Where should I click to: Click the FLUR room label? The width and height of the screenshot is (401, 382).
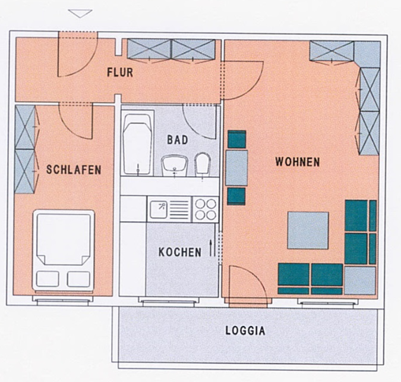119,73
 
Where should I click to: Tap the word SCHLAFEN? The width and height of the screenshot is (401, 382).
74,170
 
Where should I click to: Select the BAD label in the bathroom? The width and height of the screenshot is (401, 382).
177,140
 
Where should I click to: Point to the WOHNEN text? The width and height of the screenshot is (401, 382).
297,162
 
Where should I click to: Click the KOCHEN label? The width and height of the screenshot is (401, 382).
179,252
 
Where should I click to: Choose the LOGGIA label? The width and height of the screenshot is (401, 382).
245,331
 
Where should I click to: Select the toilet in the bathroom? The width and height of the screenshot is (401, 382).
203,163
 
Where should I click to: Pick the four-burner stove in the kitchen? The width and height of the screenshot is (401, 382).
206,209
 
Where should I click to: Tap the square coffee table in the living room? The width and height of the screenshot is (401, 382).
308,230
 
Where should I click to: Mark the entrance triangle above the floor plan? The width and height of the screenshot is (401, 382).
80,13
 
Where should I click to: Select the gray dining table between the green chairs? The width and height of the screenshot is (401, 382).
237,168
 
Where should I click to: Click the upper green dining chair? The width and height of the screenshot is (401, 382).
236,140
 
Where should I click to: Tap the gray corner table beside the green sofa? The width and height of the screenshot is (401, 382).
360,280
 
